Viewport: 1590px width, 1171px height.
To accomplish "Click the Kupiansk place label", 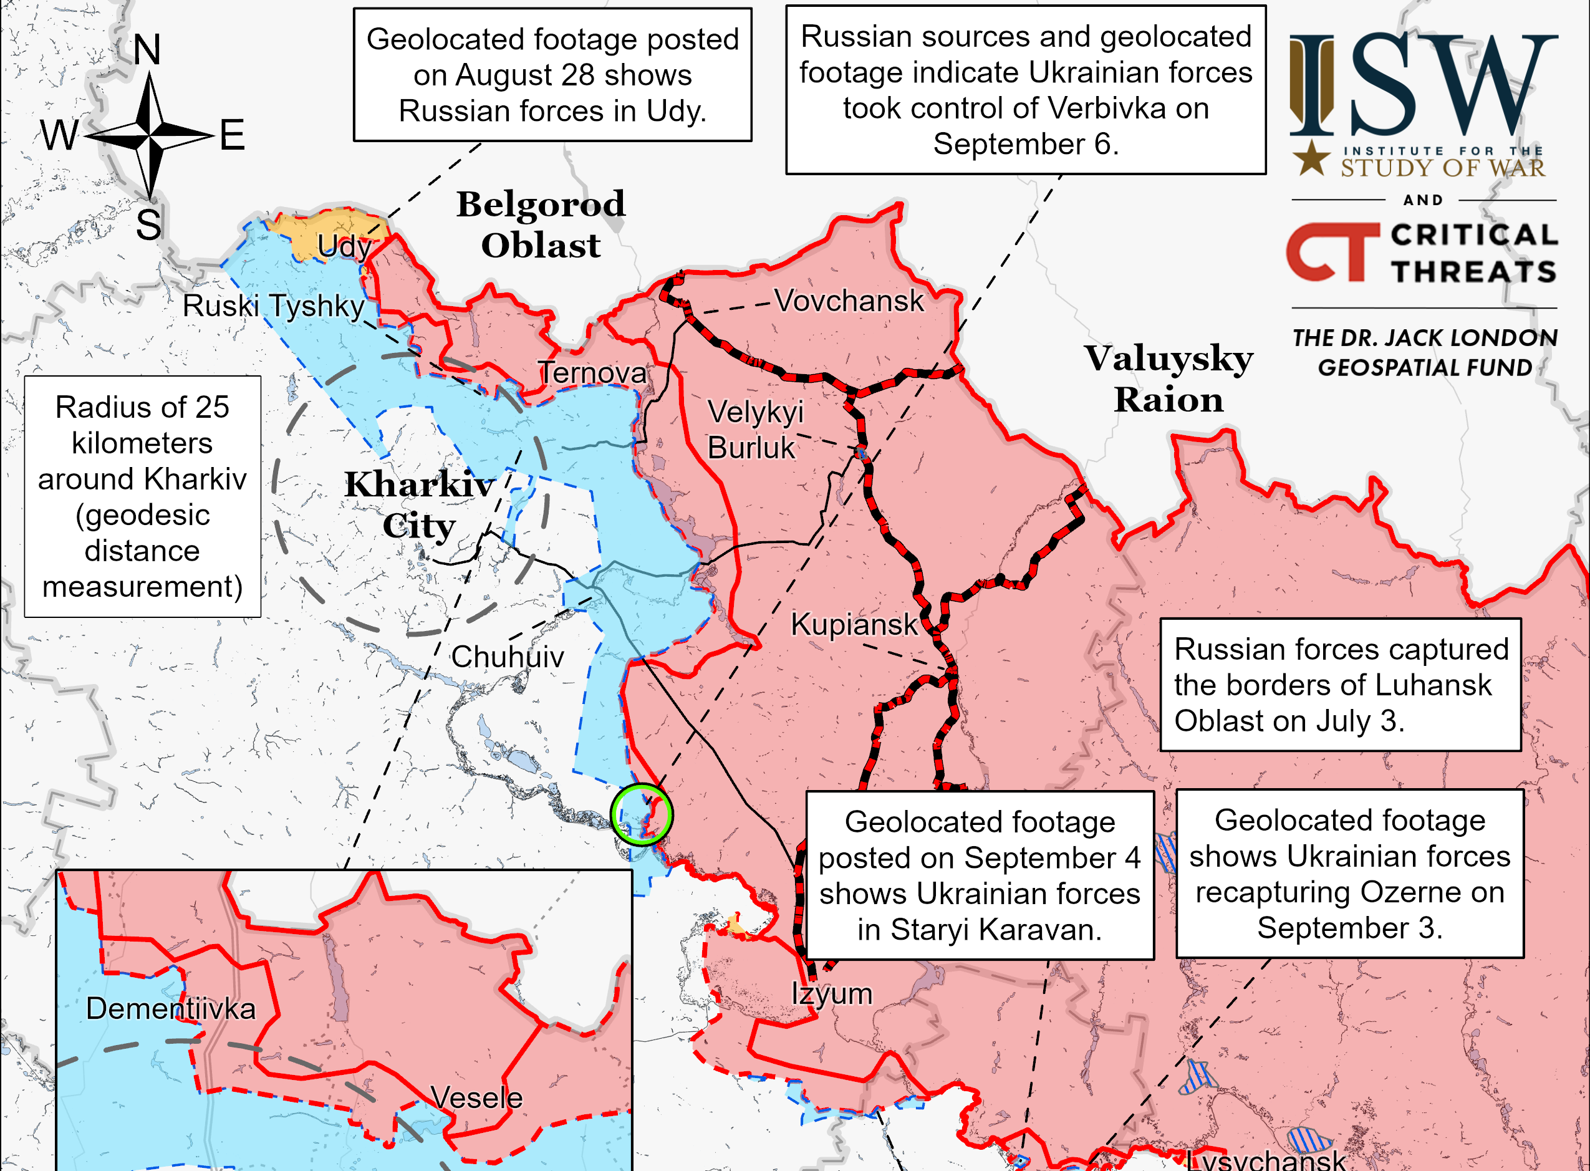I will click(x=854, y=625).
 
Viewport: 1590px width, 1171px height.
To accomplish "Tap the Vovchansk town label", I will click(x=849, y=301).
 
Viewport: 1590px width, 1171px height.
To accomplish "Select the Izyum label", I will click(x=832, y=993).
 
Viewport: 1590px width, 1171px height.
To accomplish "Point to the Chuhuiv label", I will click(x=508, y=657).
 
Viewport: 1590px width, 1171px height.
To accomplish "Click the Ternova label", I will click(x=592, y=373).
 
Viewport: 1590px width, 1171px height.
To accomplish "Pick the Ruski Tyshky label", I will click(x=274, y=306).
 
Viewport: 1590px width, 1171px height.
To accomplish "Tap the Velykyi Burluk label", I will click(x=755, y=430).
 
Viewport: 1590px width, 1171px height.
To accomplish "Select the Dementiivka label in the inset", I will click(x=171, y=1008).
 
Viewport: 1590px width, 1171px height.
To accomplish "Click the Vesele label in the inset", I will click(x=476, y=1097).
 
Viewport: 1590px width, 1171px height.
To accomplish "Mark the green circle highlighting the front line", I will click(x=642, y=814).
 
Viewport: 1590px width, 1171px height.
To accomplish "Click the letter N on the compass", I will click(x=147, y=50).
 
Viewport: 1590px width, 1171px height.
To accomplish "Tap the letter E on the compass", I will click(x=233, y=135).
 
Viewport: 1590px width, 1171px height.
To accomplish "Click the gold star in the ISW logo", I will click(x=1311, y=158).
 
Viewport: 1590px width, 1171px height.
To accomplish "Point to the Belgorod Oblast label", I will click(x=541, y=224).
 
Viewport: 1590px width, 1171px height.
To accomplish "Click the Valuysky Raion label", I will click(x=1168, y=378).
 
